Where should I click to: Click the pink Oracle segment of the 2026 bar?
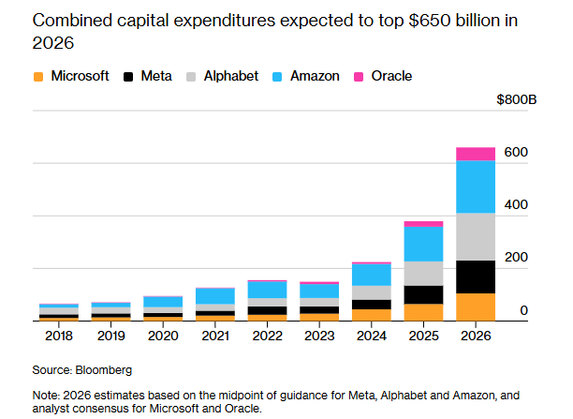475,154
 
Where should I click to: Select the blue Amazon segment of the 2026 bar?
475,187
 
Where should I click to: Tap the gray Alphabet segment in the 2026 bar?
475,236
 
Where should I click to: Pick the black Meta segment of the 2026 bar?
475,277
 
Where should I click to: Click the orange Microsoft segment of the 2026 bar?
475,307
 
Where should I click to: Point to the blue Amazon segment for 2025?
422,244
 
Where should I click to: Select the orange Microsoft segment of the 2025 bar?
422,312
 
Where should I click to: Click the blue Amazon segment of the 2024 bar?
371,274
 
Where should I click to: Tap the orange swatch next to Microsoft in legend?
38,77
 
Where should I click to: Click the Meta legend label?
155,76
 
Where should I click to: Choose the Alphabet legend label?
230,76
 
